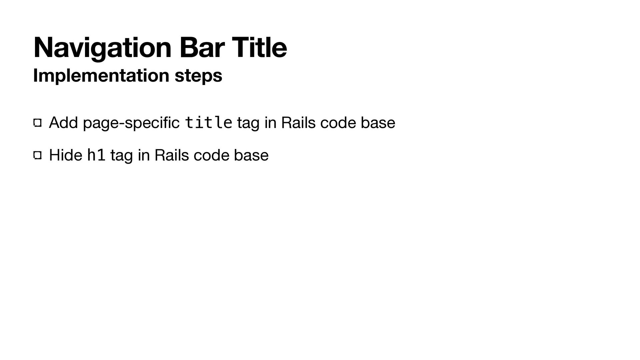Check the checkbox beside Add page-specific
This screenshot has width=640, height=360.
(x=37, y=123)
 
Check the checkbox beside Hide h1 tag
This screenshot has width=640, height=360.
(x=37, y=155)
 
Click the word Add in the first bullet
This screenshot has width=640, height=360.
(x=63, y=123)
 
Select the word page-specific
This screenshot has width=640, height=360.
(x=131, y=123)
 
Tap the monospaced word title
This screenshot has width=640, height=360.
(x=208, y=123)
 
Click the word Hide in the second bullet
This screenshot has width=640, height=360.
(x=65, y=155)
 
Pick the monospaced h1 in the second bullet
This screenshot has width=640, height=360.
(x=96, y=155)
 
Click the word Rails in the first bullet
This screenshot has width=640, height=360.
(x=298, y=123)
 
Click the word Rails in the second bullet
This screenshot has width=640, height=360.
(x=171, y=155)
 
